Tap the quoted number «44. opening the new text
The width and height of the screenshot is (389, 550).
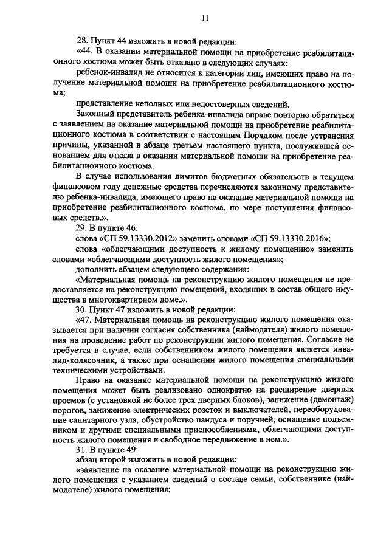point(85,53)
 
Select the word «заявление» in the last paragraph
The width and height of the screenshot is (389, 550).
point(97,471)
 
